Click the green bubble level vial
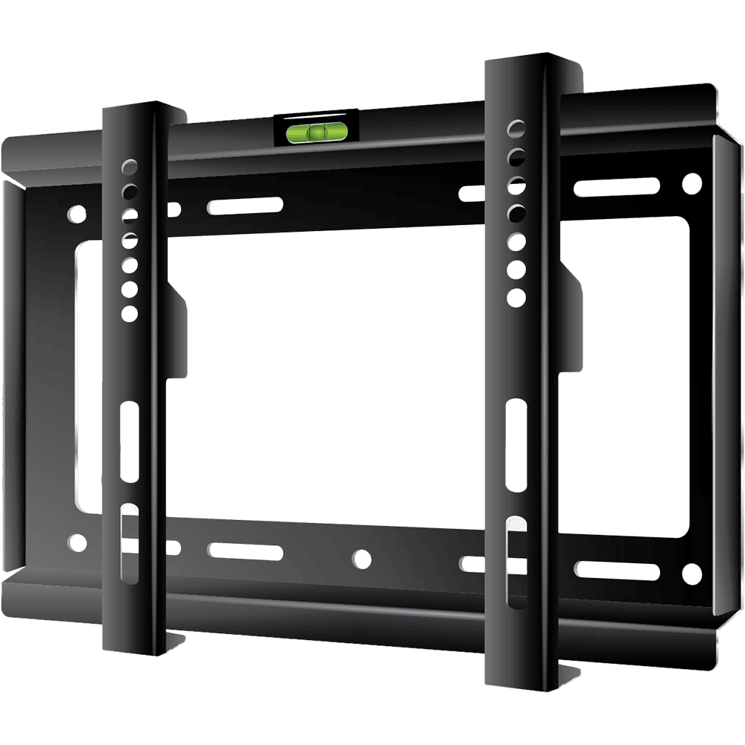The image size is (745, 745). point(317,133)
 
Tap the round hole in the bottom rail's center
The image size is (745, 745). point(361,558)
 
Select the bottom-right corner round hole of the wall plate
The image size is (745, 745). point(692,573)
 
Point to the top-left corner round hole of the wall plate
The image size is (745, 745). point(76,215)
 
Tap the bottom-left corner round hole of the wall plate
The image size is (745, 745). point(76,542)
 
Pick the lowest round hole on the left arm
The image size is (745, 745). point(130,313)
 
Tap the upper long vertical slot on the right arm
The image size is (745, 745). point(516,444)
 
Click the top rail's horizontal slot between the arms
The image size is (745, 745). point(245,206)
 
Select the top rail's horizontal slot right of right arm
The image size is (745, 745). point(616,186)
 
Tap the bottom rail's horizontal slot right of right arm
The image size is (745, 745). point(616,570)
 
